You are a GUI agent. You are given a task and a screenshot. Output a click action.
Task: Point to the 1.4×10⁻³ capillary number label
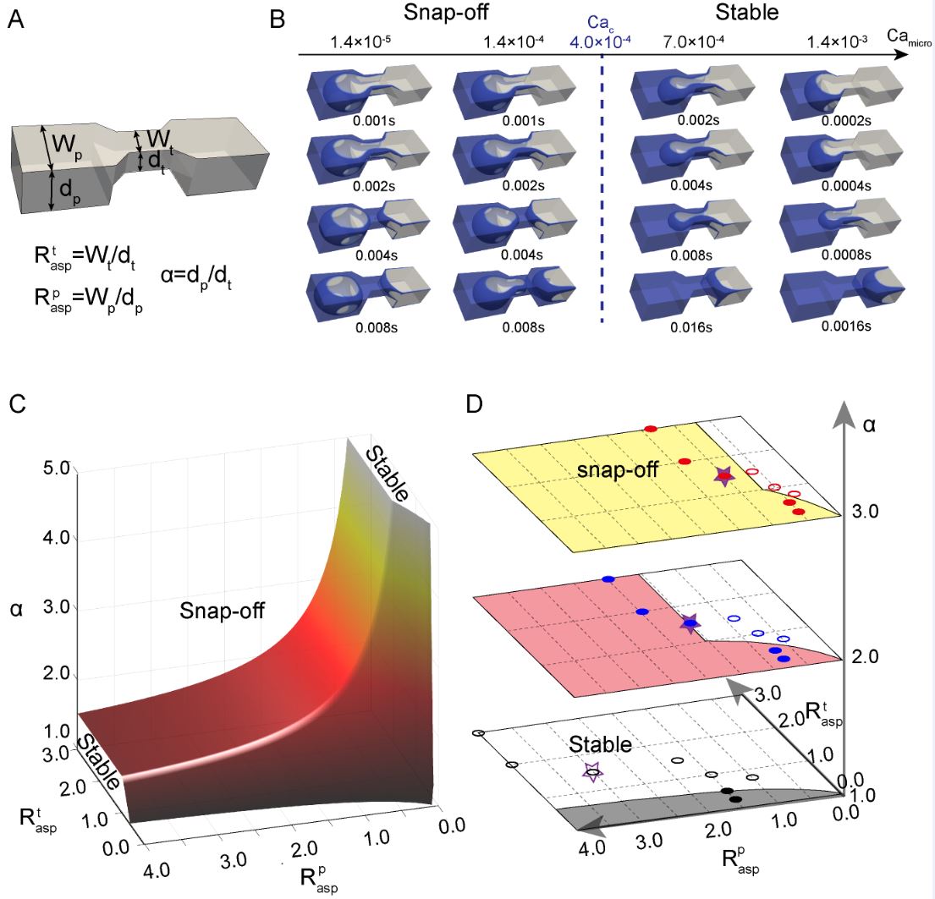tap(833, 40)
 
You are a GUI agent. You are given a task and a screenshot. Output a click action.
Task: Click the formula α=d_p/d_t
tap(197, 275)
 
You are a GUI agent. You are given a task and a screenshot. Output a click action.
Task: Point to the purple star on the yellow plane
tap(723, 476)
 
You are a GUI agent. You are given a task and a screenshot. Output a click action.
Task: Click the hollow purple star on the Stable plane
tap(593, 771)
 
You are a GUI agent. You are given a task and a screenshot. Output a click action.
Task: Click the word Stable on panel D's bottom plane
tap(600, 744)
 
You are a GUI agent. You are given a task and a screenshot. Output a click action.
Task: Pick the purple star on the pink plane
tap(690, 623)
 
